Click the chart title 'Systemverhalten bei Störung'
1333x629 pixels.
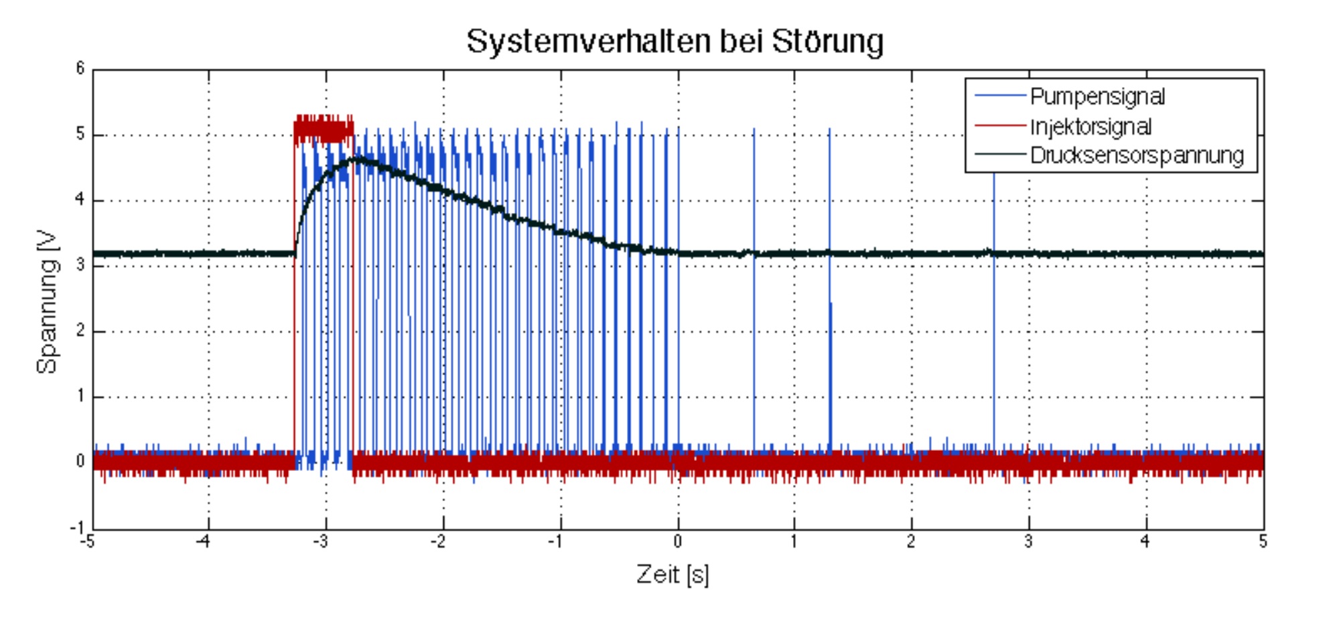click(675, 42)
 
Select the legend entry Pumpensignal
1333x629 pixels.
click(1097, 97)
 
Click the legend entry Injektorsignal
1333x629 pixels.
click(1091, 127)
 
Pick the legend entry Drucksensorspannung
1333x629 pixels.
click(1136, 155)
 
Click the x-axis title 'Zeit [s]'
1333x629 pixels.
click(673, 574)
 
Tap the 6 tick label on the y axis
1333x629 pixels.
click(80, 68)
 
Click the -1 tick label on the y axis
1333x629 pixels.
click(77, 528)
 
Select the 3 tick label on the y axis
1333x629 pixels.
click(80, 265)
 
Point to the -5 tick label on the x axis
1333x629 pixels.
click(87, 541)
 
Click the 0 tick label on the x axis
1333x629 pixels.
click(678, 541)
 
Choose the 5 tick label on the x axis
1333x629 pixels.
click(1263, 541)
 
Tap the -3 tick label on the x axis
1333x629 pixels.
click(322, 541)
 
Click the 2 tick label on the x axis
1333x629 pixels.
click(911, 541)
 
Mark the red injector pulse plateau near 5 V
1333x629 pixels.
click(324, 129)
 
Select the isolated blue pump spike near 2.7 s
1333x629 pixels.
click(994, 301)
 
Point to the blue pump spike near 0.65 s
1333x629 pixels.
click(754, 288)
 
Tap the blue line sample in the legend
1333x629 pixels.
click(1000, 96)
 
